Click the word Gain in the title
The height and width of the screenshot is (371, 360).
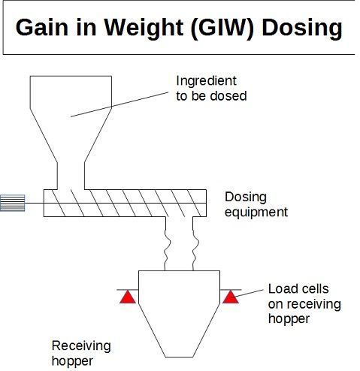(42, 27)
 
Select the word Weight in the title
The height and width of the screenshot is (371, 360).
(144, 29)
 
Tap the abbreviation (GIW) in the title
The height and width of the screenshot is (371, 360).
(222, 29)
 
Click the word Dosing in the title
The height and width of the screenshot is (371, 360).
(302, 29)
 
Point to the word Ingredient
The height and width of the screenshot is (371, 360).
(206, 81)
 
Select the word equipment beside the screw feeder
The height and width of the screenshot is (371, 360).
(256, 213)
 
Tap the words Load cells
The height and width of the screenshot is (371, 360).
(298, 288)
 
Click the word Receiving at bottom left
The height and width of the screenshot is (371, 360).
(81, 346)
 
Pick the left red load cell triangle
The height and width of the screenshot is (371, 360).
(128, 297)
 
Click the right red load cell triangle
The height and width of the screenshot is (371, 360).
(231, 297)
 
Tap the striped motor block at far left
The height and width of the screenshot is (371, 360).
(12, 203)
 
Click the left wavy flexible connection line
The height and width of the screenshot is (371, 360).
(167, 243)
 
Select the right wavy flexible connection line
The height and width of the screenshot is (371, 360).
(195, 243)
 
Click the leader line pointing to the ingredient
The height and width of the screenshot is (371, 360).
(119, 104)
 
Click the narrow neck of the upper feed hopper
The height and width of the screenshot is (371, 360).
(71, 176)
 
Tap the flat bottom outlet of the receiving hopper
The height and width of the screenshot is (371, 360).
(180, 357)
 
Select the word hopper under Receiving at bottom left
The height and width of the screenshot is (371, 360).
(72, 361)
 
